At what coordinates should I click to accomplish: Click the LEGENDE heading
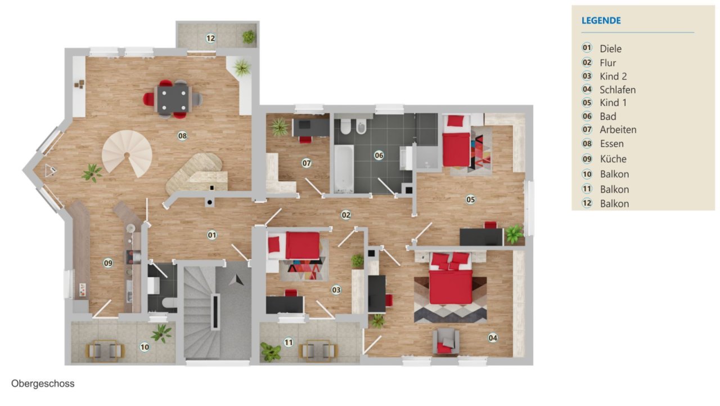[601, 21]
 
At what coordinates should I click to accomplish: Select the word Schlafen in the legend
[618, 90]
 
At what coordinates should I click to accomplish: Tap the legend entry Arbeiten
[618, 130]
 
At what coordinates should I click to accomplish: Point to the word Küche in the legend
[613, 159]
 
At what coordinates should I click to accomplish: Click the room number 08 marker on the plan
[182, 136]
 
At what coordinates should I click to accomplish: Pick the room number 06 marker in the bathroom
[379, 155]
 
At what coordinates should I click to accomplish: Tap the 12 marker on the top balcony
[210, 38]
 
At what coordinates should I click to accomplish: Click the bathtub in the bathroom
[344, 169]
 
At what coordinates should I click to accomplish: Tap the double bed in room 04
[451, 278]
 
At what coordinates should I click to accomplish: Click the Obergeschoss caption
[43, 383]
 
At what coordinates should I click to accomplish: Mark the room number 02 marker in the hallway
[346, 215]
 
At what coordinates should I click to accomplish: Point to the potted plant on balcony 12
[249, 37]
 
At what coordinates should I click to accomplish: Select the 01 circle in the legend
[587, 48]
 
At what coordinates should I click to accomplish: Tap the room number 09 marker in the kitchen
[108, 263]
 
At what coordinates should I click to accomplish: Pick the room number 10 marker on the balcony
[145, 347]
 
